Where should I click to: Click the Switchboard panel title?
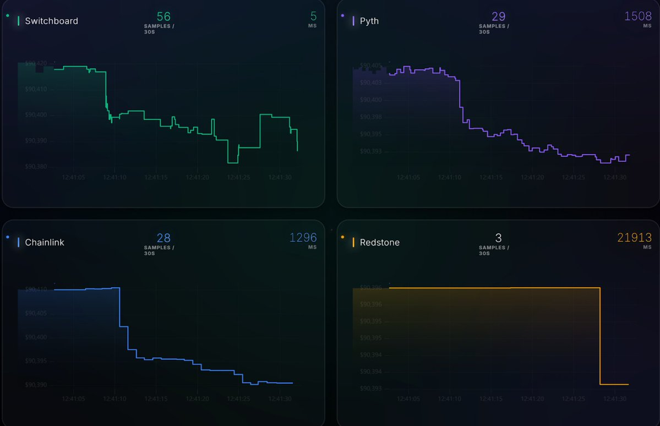(51, 21)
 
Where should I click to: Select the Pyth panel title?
(369, 21)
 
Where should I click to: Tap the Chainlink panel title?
(44, 242)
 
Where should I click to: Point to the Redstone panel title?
(379, 242)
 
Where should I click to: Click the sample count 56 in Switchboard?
(163, 17)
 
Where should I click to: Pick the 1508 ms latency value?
(638, 17)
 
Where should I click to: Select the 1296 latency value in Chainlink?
(303, 238)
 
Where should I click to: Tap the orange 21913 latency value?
(634, 238)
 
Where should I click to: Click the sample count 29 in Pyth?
(499, 17)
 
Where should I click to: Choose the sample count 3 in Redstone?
(499, 238)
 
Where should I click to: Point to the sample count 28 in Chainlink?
(163, 238)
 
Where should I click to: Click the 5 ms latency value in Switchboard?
(313, 17)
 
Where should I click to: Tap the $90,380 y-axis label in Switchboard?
(36, 166)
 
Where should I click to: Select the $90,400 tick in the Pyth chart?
(371, 100)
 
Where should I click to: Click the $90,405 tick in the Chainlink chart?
(36, 313)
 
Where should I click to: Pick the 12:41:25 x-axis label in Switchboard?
(239, 177)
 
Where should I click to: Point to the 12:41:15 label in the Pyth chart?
(491, 177)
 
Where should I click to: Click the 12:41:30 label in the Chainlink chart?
(280, 398)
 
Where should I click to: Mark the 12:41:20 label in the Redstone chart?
(532, 398)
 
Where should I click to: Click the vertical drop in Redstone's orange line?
(600, 336)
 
